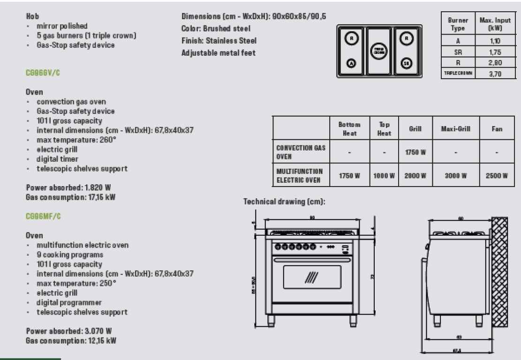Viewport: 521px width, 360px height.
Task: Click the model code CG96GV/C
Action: (44, 74)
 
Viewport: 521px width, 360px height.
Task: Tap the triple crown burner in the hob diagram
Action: (378, 51)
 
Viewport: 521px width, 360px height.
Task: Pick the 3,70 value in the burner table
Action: (495, 73)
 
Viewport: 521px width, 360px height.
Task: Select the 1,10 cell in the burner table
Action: (495, 41)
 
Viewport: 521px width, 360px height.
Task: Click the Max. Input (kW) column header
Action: (495, 24)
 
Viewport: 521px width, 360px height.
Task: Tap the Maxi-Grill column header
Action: (455, 129)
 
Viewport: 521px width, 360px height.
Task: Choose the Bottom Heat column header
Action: (349, 129)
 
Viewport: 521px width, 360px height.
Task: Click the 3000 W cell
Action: (455, 176)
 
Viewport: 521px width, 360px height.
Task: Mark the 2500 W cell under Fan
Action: (497, 176)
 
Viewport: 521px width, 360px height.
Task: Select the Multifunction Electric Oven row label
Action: (300, 176)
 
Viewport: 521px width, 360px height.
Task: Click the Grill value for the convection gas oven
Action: (415, 152)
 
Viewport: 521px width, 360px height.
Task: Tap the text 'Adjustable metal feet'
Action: (219, 53)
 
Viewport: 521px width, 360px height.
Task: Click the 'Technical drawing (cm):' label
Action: (284, 202)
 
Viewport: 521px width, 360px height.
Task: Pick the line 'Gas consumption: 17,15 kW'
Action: (70, 197)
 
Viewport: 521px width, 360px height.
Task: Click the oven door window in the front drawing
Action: (312, 277)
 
